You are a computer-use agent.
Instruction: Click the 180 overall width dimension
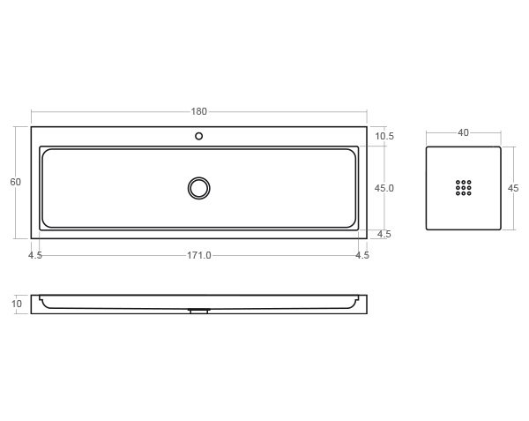point(198,112)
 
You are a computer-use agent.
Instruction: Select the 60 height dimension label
point(15,182)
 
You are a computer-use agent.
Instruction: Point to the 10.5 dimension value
point(384,136)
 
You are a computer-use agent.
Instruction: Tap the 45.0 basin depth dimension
point(384,188)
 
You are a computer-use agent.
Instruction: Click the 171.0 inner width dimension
point(198,255)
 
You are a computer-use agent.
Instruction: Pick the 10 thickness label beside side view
point(16,304)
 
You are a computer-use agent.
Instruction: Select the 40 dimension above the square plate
point(463,132)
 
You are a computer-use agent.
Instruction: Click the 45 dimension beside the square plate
point(514,188)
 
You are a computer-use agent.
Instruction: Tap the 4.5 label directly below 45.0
point(384,234)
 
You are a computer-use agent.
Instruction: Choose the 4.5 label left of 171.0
point(35,255)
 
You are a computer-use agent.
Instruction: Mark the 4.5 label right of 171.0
point(361,255)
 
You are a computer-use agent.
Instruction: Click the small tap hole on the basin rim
point(199,136)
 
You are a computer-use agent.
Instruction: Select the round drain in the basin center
point(199,187)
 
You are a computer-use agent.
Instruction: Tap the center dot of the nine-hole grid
point(464,188)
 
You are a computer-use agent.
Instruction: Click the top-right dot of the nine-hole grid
point(469,183)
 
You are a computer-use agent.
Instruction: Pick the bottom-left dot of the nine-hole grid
point(458,193)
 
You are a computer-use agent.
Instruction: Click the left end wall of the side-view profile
point(35,304)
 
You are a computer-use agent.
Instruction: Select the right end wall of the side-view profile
point(362,304)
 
